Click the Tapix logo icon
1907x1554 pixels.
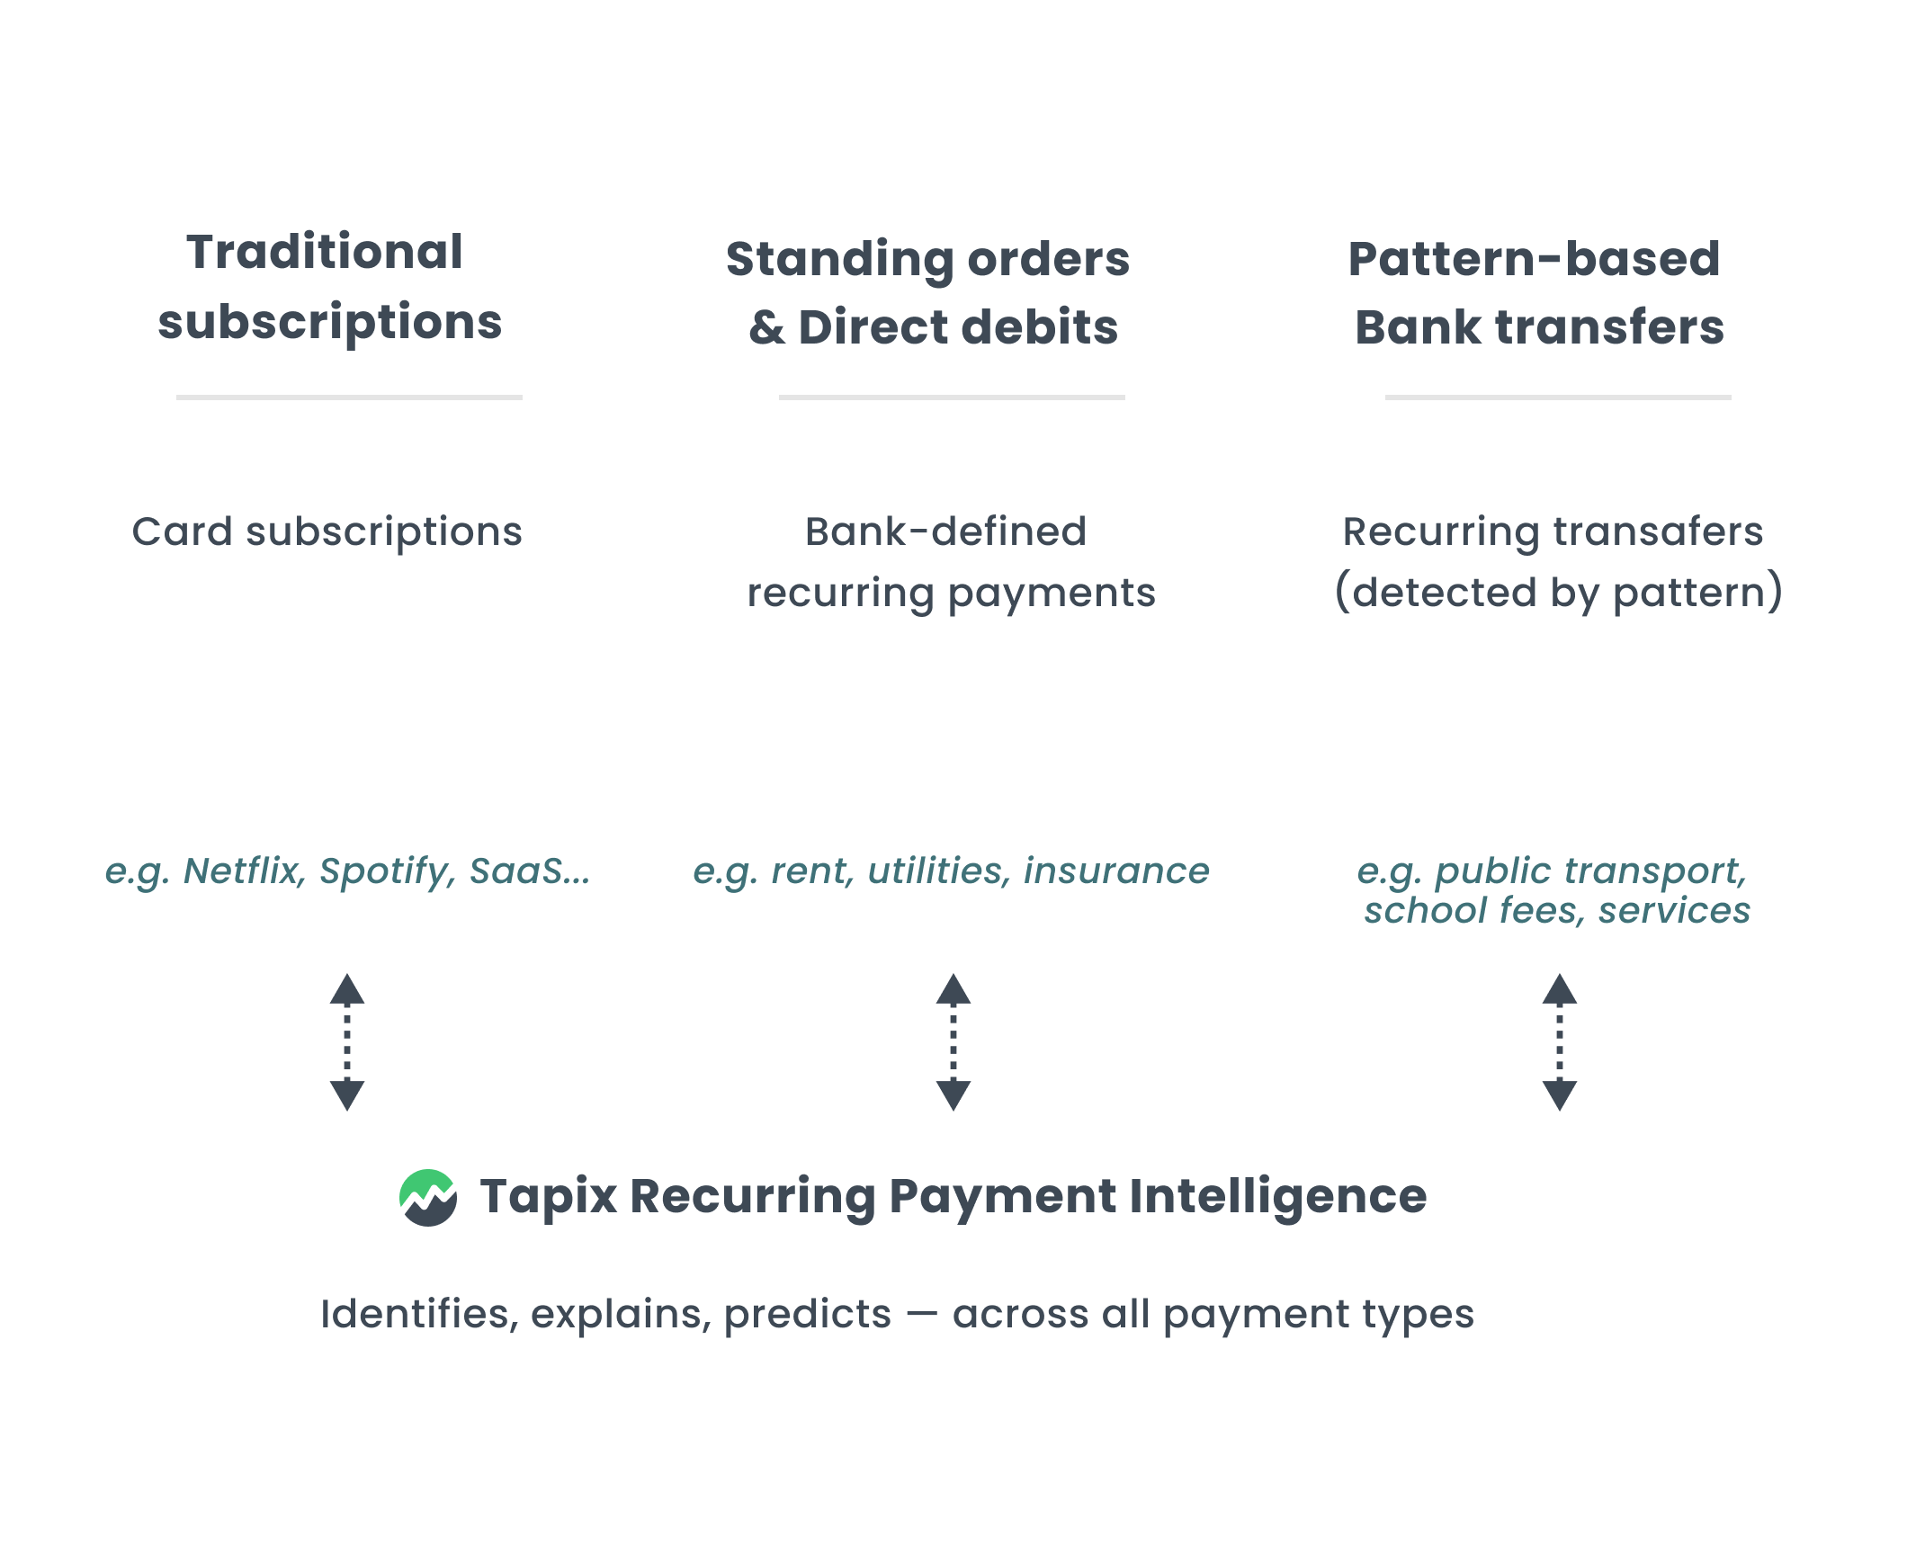click(428, 1198)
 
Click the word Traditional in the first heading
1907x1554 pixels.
click(325, 252)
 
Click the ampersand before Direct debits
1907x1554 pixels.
click(766, 327)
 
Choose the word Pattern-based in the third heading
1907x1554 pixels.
click(1534, 259)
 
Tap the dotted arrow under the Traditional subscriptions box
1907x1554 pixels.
click(347, 1042)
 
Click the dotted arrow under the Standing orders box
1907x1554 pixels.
click(953, 1042)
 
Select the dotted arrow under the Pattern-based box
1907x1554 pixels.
click(1560, 1042)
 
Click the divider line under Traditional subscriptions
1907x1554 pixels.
click(349, 397)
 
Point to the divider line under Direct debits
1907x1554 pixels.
click(952, 397)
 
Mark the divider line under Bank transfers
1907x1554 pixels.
click(1558, 397)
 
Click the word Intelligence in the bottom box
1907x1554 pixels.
click(1277, 1196)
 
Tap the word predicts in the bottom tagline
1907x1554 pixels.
click(807, 1315)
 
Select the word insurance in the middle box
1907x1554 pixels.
click(1116, 871)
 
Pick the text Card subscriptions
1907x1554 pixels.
click(327, 531)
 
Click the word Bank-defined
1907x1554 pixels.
click(945, 531)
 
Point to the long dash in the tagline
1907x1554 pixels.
click(922, 1315)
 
